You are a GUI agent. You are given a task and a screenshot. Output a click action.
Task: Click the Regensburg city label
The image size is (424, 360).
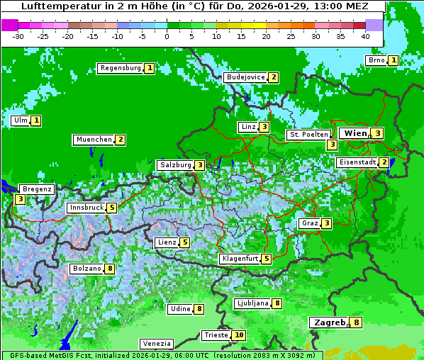click(120, 68)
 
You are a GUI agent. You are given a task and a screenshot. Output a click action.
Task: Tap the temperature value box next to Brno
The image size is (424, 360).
click(393, 60)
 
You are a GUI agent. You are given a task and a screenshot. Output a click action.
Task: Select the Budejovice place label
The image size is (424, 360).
click(245, 77)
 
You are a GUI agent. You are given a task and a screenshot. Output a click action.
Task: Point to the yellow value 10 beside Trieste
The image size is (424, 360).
click(239, 335)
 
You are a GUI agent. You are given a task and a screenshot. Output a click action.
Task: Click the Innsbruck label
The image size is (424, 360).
click(86, 208)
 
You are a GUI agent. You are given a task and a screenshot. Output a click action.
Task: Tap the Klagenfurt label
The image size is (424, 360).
click(240, 259)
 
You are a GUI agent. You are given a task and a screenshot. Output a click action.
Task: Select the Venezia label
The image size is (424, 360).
click(155, 343)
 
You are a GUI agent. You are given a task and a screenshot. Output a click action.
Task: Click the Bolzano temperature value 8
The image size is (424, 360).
click(109, 269)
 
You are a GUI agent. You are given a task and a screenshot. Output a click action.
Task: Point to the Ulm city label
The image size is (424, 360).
click(20, 120)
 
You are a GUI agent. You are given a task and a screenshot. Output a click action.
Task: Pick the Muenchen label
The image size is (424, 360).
click(94, 140)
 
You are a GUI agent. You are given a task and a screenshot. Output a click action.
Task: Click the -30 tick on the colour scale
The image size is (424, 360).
click(18, 35)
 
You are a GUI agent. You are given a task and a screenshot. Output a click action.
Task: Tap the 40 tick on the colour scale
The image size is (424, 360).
click(365, 35)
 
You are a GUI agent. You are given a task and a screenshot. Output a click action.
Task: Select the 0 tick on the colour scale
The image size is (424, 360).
click(167, 35)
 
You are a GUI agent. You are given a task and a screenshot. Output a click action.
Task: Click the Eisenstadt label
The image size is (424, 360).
click(357, 162)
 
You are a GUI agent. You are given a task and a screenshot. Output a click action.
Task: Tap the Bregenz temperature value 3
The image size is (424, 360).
click(20, 200)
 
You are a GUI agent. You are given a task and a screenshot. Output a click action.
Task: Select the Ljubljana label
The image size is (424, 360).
click(252, 303)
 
